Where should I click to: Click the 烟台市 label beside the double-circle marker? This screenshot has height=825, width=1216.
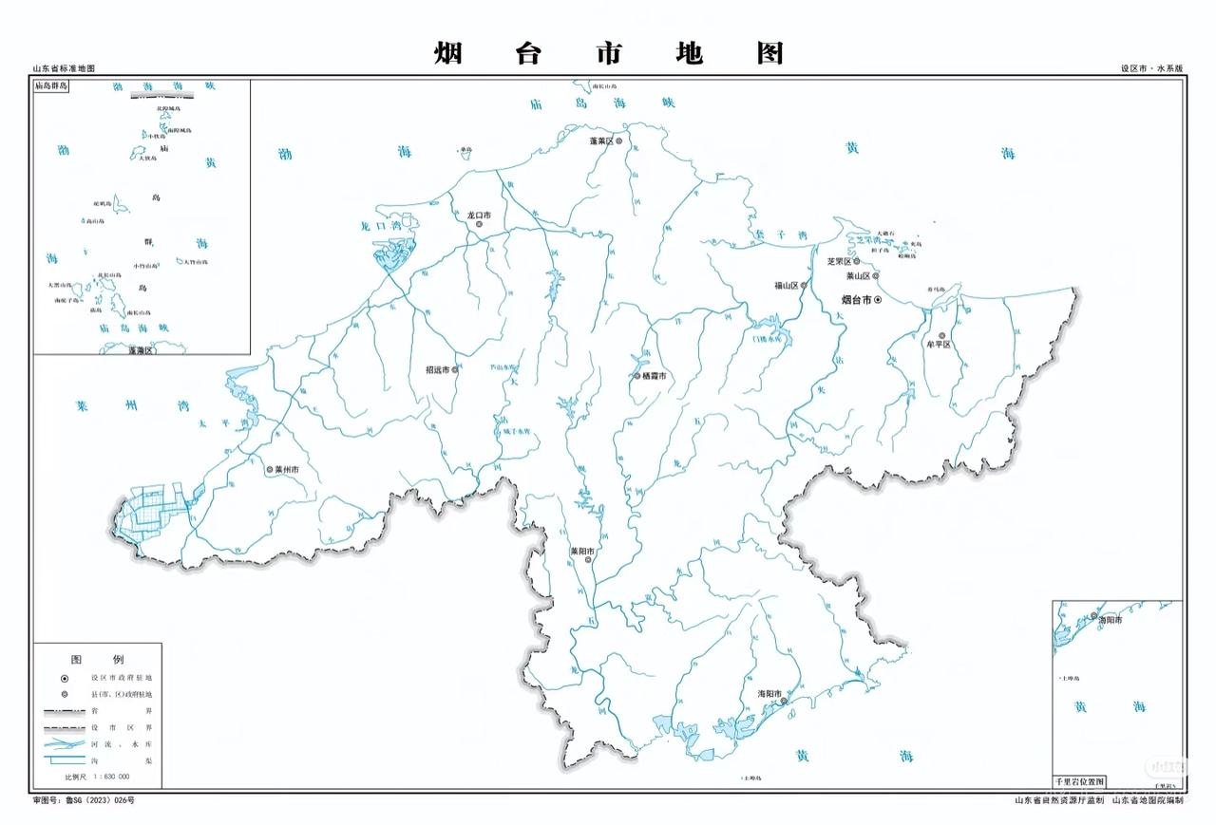pyautogui.click(x=857, y=300)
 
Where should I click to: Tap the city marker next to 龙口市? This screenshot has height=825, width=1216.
pyautogui.click(x=479, y=225)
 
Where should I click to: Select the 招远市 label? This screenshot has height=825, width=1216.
pyautogui.click(x=437, y=370)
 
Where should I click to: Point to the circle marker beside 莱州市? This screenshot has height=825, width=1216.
pyautogui.click(x=270, y=470)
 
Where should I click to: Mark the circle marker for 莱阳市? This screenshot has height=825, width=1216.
pyautogui.click(x=588, y=560)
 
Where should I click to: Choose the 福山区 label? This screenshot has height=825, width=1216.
pyautogui.click(x=786, y=285)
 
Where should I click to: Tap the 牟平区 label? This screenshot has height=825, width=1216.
pyautogui.click(x=939, y=345)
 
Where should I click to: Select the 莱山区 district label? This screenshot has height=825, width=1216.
pyautogui.click(x=858, y=276)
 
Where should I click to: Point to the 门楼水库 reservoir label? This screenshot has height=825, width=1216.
pyautogui.click(x=765, y=338)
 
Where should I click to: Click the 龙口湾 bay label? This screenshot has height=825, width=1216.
pyautogui.click(x=377, y=227)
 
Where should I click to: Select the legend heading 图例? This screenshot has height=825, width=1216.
pyautogui.click(x=98, y=659)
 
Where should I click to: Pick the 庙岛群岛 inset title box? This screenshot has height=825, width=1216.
pyautogui.click(x=54, y=86)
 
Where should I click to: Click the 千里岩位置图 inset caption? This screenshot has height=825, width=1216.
pyautogui.click(x=1079, y=782)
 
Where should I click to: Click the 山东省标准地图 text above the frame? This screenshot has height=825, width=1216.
pyautogui.click(x=64, y=69)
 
